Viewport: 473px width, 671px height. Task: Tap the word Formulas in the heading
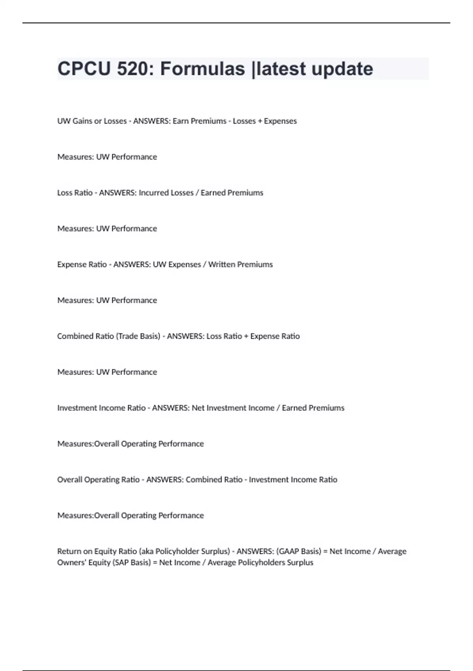pyautogui.click(x=203, y=69)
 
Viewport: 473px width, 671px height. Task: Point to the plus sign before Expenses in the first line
pyautogui.click(x=260, y=121)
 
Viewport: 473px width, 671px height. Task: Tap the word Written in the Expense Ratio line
pyautogui.click(x=223, y=264)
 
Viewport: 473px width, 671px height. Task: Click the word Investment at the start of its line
pyautogui.click(x=77, y=408)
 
